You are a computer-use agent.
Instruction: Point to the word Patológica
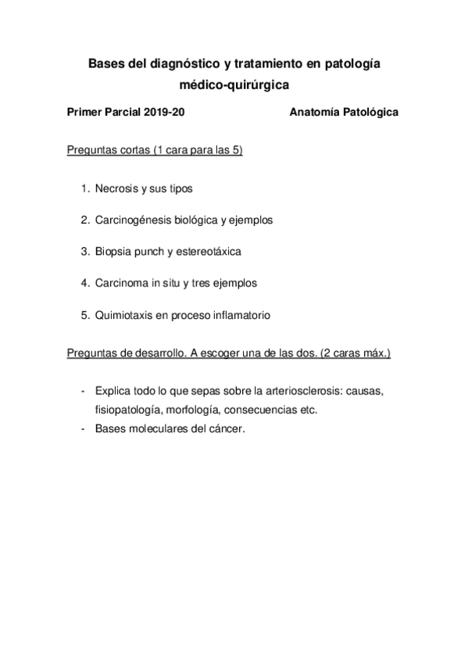click(x=370, y=112)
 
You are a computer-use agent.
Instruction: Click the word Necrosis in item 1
click(x=116, y=188)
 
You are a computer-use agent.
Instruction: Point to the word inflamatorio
click(x=241, y=315)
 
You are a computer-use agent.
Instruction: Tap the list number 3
click(x=84, y=252)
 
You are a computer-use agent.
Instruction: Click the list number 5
click(x=84, y=315)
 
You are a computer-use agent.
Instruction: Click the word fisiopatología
click(x=127, y=409)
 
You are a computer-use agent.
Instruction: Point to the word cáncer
click(x=226, y=428)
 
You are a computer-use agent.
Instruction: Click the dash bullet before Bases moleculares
click(x=83, y=428)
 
